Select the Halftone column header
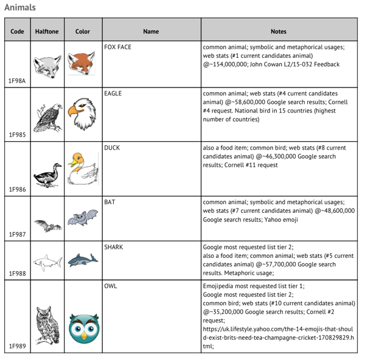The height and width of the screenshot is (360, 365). click(x=47, y=31)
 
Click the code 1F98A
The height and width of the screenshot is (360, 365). click(x=18, y=81)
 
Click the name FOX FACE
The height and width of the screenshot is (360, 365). click(x=117, y=47)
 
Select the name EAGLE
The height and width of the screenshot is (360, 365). click(x=113, y=94)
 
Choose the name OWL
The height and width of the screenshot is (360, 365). click(x=110, y=285)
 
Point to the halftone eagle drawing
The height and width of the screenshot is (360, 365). click(x=47, y=116)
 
